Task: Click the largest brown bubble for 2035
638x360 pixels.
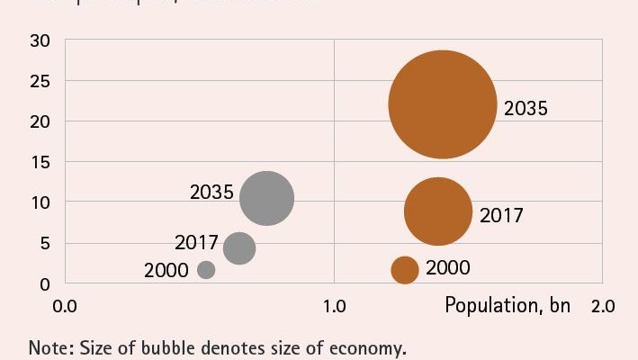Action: coord(443,104)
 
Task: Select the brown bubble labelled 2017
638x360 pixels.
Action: coord(438,211)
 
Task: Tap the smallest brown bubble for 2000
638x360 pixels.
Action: coord(405,269)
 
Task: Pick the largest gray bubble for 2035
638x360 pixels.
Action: coord(267,198)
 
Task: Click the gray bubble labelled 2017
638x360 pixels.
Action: coord(238,247)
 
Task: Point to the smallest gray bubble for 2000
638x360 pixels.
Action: coord(206,269)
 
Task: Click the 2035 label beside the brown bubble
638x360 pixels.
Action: coord(526,109)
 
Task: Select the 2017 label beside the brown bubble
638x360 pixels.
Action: coord(501,216)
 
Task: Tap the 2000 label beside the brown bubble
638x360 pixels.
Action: coord(447,268)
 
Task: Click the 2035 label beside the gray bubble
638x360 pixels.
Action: coord(211,193)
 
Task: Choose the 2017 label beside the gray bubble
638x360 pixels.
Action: coord(196,243)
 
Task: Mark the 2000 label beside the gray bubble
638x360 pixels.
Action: coord(166,270)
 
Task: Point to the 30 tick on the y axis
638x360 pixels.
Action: coord(40,40)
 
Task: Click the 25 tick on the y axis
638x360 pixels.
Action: coord(40,81)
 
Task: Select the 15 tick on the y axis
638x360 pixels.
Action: coord(40,162)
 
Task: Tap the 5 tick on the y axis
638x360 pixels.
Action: coord(45,243)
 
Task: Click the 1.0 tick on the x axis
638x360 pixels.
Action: coord(334,306)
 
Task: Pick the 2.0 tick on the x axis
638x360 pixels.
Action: coord(602,306)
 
